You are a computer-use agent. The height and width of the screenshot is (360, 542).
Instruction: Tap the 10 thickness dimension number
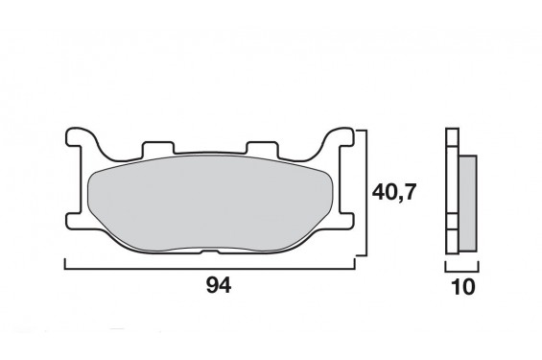(460, 285)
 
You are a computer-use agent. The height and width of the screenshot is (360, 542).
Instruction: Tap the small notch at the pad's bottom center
(213, 252)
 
